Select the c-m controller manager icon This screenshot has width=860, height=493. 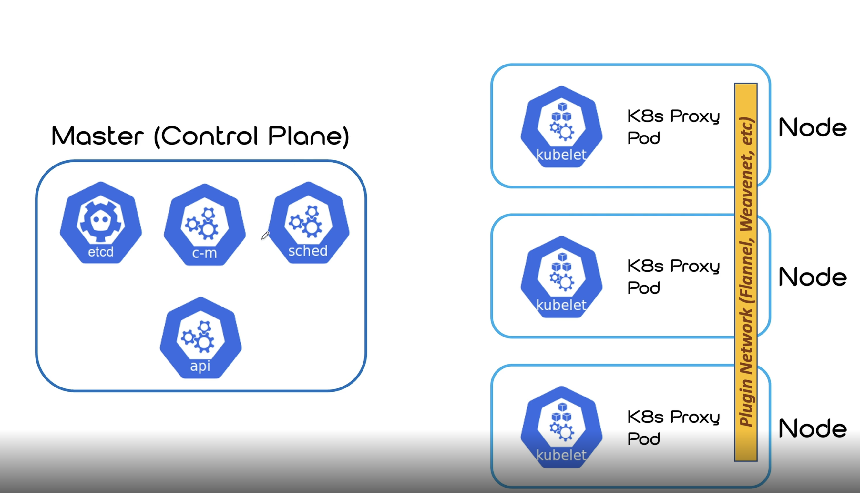pyautogui.click(x=205, y=225)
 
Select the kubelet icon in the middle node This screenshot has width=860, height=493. pyautogui.click(x=561, y=277)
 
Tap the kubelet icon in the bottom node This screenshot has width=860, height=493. pyautogui.click(x=561, y=427)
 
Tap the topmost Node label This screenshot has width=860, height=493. pyautogui.click(x=812, y=128)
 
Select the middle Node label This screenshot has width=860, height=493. pyautogui.click(x=812, y=277)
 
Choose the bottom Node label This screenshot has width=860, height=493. pyautogui.click(x=812, y=428)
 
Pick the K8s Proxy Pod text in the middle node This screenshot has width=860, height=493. pyautogui.click(x=673, y=277)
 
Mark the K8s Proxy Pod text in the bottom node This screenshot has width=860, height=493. pyautogui.click(x=673, y=427)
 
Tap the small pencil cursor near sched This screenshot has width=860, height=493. pyautogui.click(x=265, y=235)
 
